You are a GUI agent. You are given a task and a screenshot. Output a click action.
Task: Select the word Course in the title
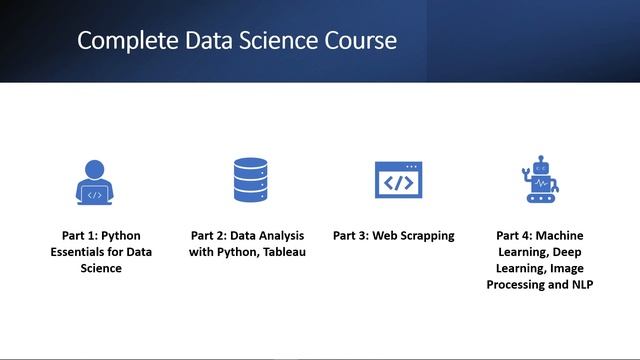click(364, 42)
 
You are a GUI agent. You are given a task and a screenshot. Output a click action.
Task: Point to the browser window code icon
click(398, 181)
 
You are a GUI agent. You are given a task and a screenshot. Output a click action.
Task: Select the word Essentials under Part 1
click(83, 252)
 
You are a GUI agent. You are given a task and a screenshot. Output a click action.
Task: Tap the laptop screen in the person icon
click(94, 194)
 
